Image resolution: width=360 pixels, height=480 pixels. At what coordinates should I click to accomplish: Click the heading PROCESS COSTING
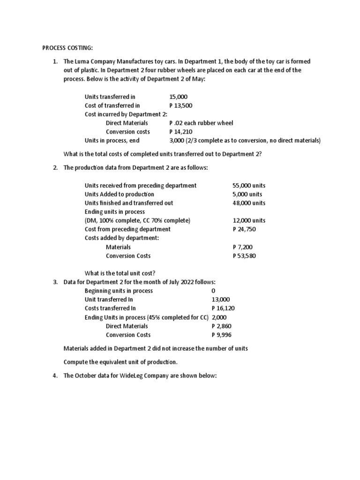point(67,48)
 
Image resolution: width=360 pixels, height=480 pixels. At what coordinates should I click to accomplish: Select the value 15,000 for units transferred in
point(179,97)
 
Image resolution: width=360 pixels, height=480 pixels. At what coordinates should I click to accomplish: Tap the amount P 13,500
point(180,105)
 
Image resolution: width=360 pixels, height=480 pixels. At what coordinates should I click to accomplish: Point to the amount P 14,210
point(180,132)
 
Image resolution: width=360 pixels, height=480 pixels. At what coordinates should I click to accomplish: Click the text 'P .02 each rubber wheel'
point(201,123)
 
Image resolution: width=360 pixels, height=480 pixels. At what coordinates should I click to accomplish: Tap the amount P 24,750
point(244,229)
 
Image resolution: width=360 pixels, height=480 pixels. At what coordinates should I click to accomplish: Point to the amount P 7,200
point(243,247)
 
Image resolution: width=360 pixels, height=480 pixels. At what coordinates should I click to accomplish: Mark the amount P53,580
point(244,255)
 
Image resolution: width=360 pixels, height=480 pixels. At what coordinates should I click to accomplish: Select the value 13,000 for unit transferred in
point(221,300)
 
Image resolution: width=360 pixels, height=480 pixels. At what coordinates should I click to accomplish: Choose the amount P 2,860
point(221,326)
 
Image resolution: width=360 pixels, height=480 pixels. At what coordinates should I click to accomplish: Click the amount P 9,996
point(221,335)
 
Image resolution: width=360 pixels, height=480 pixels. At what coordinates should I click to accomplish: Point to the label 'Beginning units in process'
point(119,291)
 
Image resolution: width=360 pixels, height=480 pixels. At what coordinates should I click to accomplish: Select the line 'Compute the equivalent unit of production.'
point(120,362)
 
